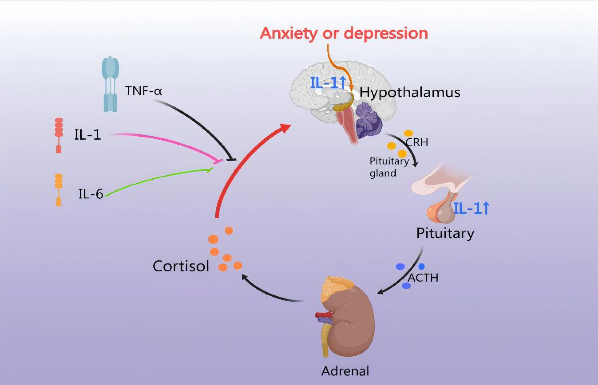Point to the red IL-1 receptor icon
click(x=59, y=135)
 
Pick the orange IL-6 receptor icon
click(x=59, y=190)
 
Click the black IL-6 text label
click(x=91, y=194)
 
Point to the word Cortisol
click(x=181, y=266)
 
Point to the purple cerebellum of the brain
click(x=368, y=121)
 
